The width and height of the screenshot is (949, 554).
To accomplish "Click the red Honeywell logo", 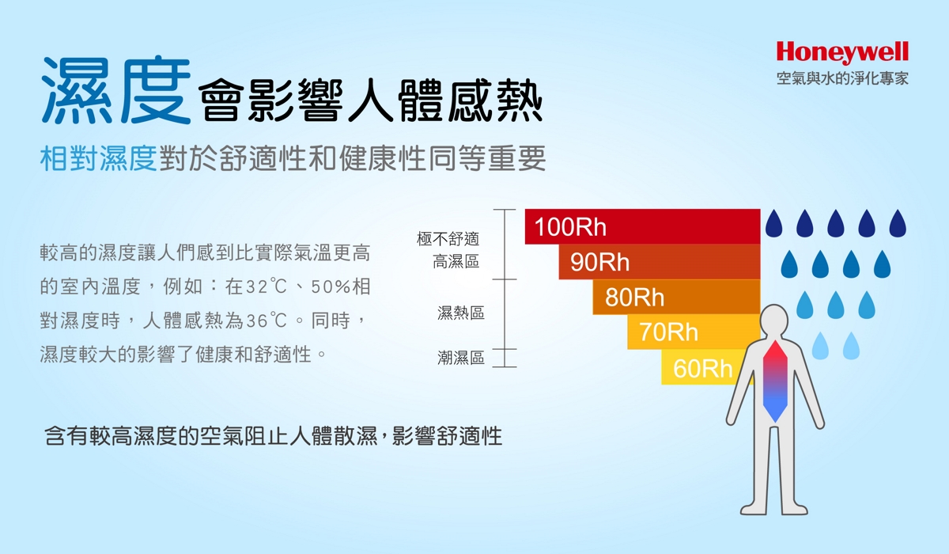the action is click(x=842, y=52).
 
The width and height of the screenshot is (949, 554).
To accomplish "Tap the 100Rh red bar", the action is click(x=642, y=226).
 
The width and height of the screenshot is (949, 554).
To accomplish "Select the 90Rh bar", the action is click(x=660, y=261).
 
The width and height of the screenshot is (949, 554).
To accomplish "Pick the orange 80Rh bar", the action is click(x=676, y=297).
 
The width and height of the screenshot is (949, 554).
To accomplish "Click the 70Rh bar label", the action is click(x=668, y=332).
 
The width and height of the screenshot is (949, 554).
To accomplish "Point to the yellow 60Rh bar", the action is click(x=702, y=367).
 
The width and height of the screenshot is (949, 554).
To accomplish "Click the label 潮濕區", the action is click(x=461, y=358).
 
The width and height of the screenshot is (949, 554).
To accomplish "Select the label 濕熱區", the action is click(x=461, y=313).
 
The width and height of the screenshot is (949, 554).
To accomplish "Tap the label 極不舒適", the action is click(x=448, y=239).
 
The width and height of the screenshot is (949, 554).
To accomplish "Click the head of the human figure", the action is click(x=774, y=321).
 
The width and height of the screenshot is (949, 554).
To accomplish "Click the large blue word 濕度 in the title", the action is click(x=116, y=90).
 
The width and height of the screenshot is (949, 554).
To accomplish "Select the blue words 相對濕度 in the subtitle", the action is click(x=98, y=158).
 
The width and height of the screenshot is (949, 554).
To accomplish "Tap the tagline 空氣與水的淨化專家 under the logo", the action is click(x=842, y=78).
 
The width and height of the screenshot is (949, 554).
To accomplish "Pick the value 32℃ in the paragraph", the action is click(x=267, y=286).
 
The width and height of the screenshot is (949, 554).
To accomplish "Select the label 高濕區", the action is click(x=456, y=262).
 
